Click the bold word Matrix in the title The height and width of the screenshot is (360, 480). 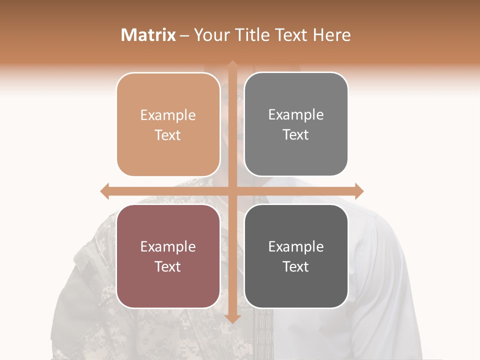click(x=148, y=35)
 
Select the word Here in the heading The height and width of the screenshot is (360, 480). click(x=332, y=35)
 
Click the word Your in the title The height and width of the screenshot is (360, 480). click(x=211, y=35)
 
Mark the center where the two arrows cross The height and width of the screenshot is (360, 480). click(x=232, y=191)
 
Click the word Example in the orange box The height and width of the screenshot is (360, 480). click(x=168, y=115)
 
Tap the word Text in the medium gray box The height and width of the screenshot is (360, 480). click(x=296, y=135)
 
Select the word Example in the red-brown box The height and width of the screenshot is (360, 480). click(x=168, y=247)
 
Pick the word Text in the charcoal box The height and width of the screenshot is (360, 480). click(x=296, y=266)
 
